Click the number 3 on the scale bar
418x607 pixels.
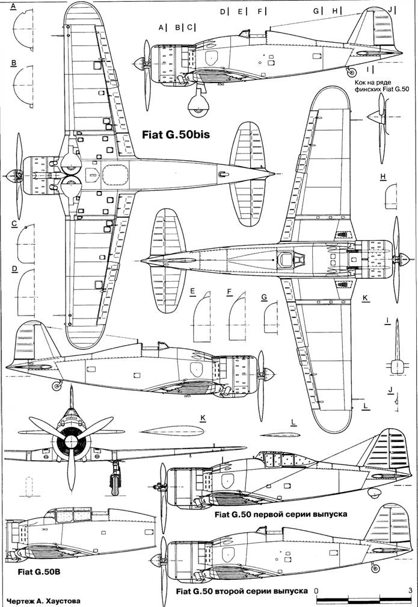tap(409, 590)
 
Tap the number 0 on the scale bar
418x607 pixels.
tap(316, 590)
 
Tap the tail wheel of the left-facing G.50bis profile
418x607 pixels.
tap(58, 384)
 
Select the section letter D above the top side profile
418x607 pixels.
tap(222, 11)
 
